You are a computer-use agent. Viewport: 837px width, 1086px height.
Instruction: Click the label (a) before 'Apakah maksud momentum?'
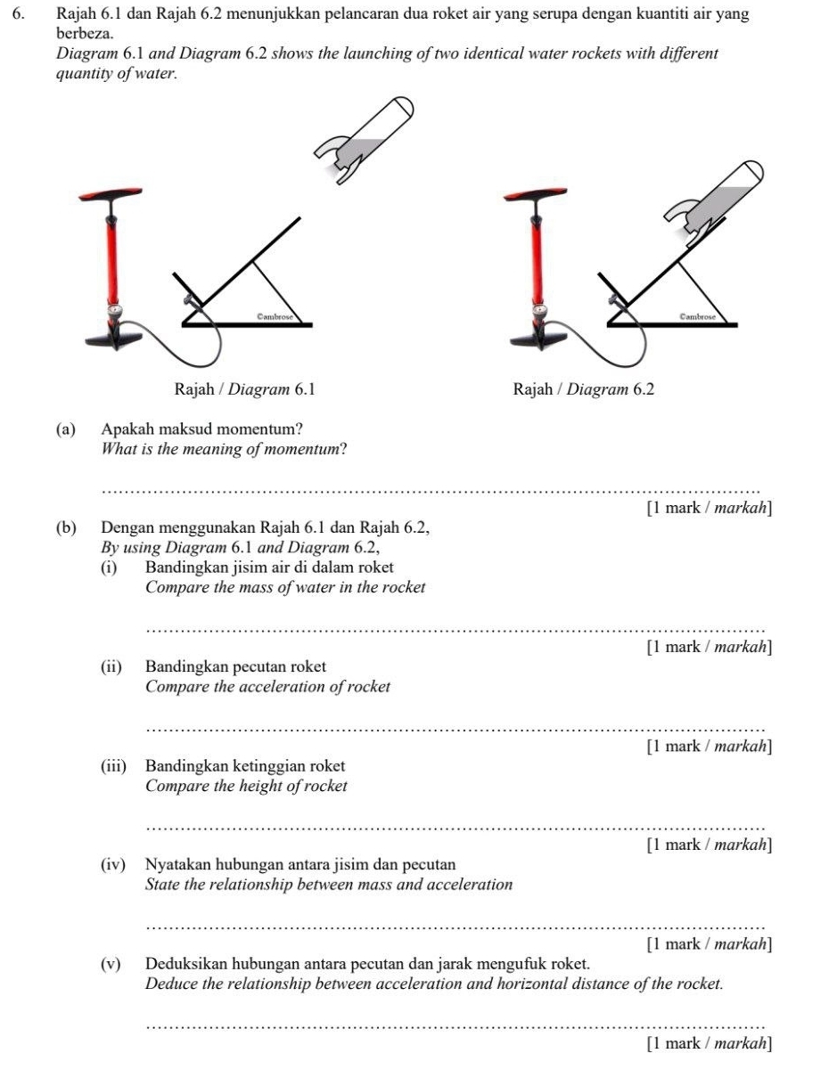click(65, 429)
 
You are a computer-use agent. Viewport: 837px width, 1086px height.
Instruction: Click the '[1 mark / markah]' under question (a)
click(710, 509)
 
